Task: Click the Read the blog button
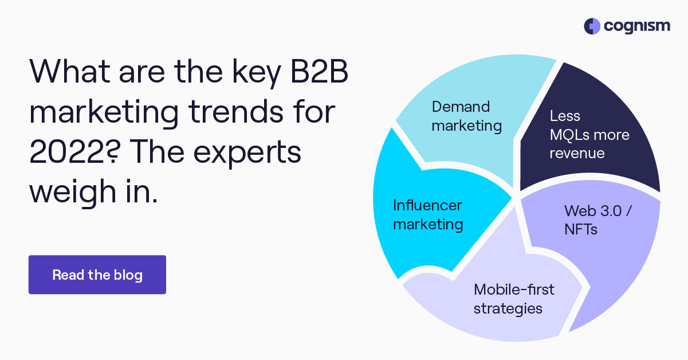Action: [x=97, y=275]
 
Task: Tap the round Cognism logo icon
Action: [x=592, y=26]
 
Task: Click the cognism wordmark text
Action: [x=637, y=27]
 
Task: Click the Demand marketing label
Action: [x=466, y=116]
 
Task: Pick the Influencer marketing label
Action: [x=428, y=215]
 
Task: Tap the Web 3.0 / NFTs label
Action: [x=598, y=220]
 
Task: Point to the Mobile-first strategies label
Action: [x=514, y=299]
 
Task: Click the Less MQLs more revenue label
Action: [x=589, y=135]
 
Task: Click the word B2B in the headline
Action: [x=319, y=71]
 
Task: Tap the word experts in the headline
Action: [x=247, y=153]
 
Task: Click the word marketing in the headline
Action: [x=104, y=113]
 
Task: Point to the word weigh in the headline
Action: [x=73, y=192]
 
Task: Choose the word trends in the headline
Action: [x=236, y=111]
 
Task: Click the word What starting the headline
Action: [x=70, y=71]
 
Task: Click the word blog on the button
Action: [x=128, y=275]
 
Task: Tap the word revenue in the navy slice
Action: [x=577, y=153]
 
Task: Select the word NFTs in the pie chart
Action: [x=581, y=229]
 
